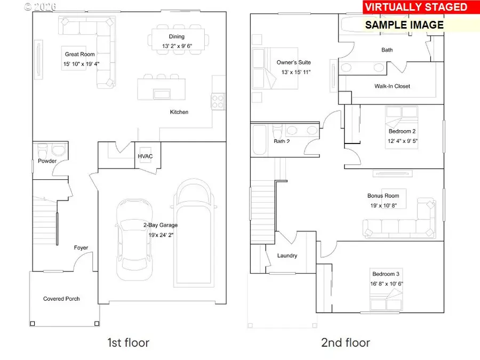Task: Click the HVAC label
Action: pos(146,156)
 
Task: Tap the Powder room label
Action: pos(47,161)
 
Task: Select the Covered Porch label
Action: pos(61,299)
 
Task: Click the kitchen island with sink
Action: pos(161,89)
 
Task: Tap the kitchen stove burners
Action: pos(218,99)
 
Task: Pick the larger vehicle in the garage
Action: pos(194,231)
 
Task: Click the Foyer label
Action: pos(81,247)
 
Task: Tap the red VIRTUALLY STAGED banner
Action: pos(415,7)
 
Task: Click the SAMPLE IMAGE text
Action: pos(404,25)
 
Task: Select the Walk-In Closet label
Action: pos(392,86)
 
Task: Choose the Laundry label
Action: pos(287,255)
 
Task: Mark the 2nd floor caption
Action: pos(346,342)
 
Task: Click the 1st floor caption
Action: pos(128,342)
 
